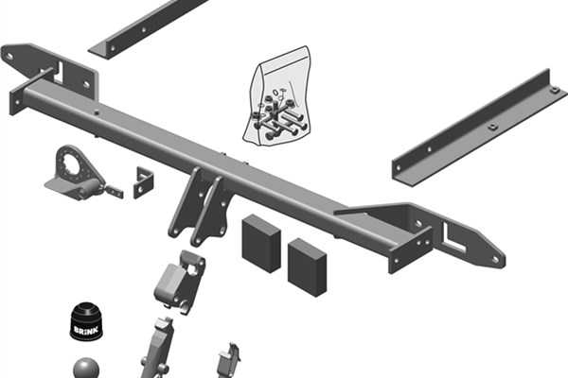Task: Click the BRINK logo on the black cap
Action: (x=86, y=330)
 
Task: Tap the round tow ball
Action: (x=86, y=369)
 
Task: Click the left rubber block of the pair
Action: (x=261, y=243)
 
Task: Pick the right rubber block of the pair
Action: (x=307, y=266)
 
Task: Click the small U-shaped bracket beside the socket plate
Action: (x=144, y=182)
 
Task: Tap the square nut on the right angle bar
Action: (x=491, y=127)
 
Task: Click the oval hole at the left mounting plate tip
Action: (x=9, y=57)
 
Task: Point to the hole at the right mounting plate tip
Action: (x=495, y=259)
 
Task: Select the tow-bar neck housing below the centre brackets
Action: (x=179, y=282)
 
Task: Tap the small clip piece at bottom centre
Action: (x=229, y=360)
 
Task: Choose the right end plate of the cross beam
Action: (x=411, y=250)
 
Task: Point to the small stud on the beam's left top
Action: (x=97, y=112)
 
